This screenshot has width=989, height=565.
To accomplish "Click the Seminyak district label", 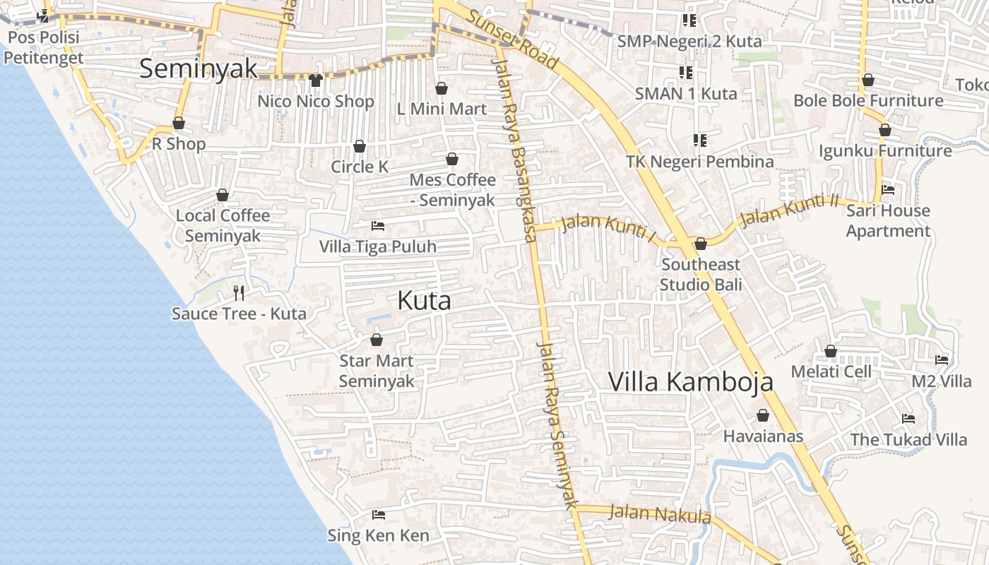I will [x=199, y=69].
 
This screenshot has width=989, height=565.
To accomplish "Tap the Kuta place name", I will [x=424, y=300].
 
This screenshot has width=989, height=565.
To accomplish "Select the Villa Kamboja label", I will [x=690, y=381].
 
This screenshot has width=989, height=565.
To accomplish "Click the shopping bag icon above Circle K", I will [x=360, y=146].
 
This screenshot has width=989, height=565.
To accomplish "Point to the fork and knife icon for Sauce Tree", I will [x=239, y=293].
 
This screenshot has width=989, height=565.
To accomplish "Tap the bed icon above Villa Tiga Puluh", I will [x=378, y=226].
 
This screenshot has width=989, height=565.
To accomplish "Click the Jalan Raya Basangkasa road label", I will [x=514, y=152].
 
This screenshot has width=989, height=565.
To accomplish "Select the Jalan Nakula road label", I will [x=660, y=513].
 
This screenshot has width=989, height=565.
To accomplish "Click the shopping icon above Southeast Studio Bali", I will [x=701, y=244].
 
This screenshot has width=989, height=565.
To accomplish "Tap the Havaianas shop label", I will [x=763, y=436].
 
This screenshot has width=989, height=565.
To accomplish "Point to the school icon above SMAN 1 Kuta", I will [x=685, y=73].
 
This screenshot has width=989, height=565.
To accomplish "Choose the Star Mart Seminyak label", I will [x=377, y=371].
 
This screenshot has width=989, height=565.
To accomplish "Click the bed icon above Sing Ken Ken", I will [x=378, y=515].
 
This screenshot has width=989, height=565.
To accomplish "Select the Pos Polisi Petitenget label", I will [x=44, y=47].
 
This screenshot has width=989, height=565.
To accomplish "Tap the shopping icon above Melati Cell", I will [x=831, y=351].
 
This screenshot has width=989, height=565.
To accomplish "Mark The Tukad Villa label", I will [x=908, y=439].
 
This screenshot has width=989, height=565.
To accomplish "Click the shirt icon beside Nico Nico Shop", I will [x=315, y=81].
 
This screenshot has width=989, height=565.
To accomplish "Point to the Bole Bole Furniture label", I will [x=868, y=100].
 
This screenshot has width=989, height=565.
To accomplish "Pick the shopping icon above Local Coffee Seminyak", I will [x=223, y=195].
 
